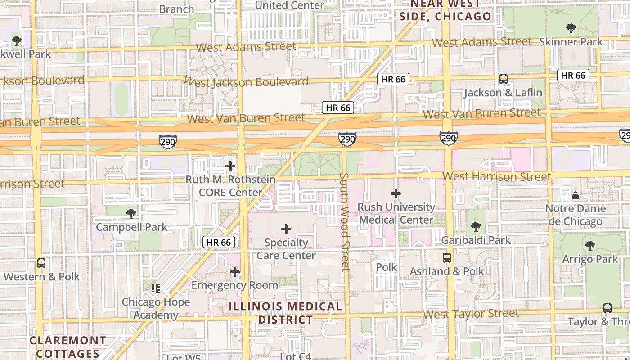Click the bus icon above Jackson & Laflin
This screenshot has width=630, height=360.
503,79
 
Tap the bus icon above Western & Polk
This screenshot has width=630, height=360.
41,263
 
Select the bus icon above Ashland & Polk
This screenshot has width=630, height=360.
447,258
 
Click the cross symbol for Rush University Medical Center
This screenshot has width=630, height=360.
396,193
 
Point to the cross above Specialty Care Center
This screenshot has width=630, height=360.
286,229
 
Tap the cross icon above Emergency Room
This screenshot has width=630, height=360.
234,272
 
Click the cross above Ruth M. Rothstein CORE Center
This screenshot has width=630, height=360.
230,166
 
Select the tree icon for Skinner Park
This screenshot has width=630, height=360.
571,28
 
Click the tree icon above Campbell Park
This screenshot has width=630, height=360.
131,213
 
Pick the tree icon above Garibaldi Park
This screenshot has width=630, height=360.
476,226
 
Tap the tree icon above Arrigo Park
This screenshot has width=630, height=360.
590,245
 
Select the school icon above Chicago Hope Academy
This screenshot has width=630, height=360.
156,288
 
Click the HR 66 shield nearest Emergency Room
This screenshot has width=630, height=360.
219,242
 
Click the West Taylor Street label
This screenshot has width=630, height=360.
471,314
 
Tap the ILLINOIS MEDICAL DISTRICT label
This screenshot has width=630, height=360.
285,313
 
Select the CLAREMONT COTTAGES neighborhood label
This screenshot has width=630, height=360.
68,346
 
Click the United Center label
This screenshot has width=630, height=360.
289,5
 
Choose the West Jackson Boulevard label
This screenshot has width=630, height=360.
246,82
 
